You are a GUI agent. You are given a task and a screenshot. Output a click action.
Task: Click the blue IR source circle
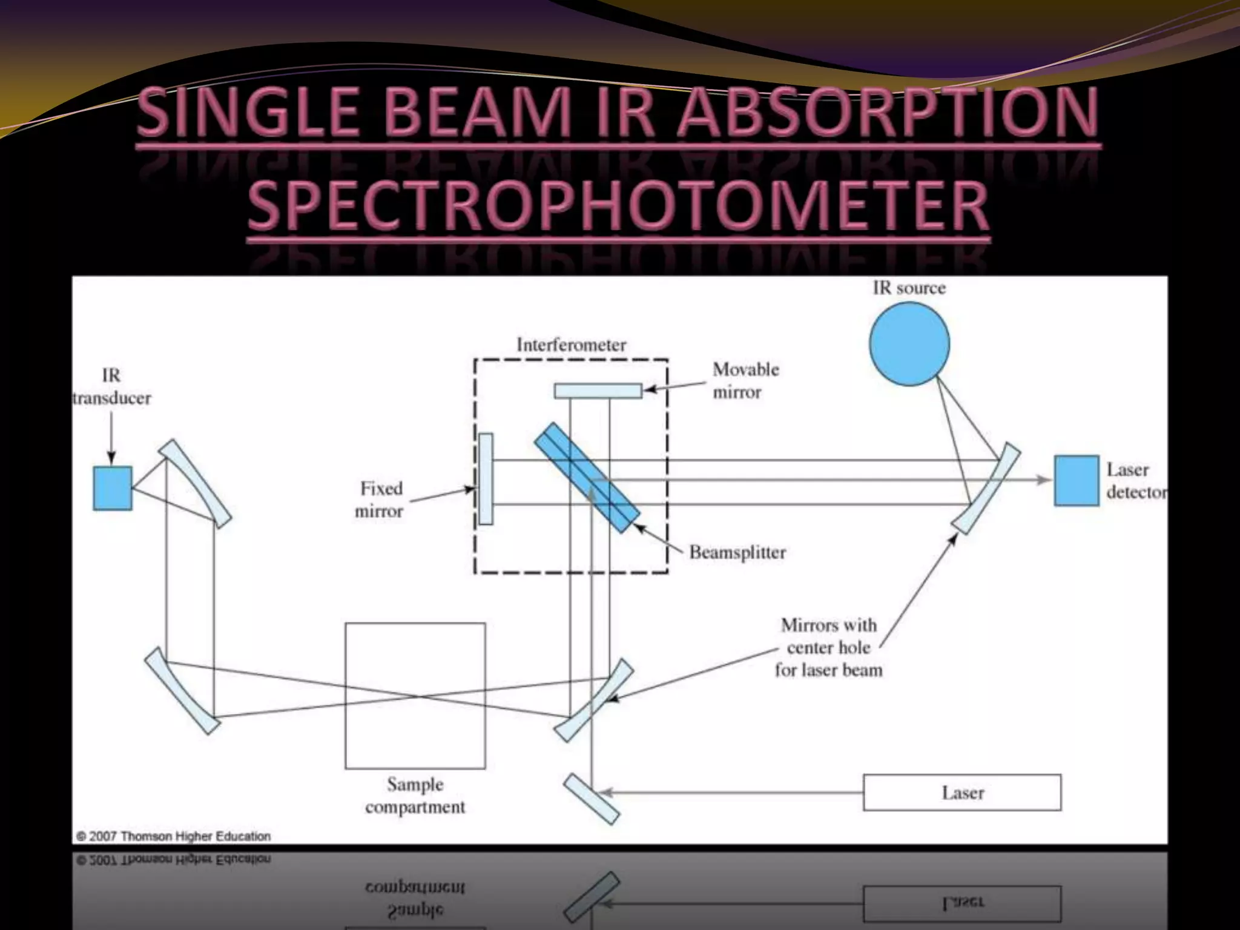point(909,344)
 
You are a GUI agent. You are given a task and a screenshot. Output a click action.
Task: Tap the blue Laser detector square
point(1076,480)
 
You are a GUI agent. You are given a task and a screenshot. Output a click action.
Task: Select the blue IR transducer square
point(113,488)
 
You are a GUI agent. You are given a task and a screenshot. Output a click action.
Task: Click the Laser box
point(962,793)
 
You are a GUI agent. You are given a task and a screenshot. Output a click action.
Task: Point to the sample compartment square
point(415,696)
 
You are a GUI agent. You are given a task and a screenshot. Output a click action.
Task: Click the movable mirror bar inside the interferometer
point(598,391)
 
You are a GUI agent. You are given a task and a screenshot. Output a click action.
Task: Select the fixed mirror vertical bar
point(486,479)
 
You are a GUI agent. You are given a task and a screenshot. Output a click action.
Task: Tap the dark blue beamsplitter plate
point(587,478)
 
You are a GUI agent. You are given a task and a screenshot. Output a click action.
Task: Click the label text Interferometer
point(571,345)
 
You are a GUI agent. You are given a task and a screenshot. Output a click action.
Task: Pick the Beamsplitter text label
point(737,552)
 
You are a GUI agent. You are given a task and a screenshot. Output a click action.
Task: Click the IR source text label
point(909,288)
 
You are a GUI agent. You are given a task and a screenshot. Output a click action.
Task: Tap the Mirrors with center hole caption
point(828,647)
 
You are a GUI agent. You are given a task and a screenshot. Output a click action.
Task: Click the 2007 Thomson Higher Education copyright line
point(174,836)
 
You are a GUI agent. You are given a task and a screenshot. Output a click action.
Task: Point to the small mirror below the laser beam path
point(592,799)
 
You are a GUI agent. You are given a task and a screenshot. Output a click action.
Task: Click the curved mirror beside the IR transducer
point(195,483)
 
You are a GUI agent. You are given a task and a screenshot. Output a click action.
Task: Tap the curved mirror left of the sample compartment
point(182,691)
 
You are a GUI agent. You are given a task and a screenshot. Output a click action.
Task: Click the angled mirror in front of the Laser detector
point(986,488)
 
